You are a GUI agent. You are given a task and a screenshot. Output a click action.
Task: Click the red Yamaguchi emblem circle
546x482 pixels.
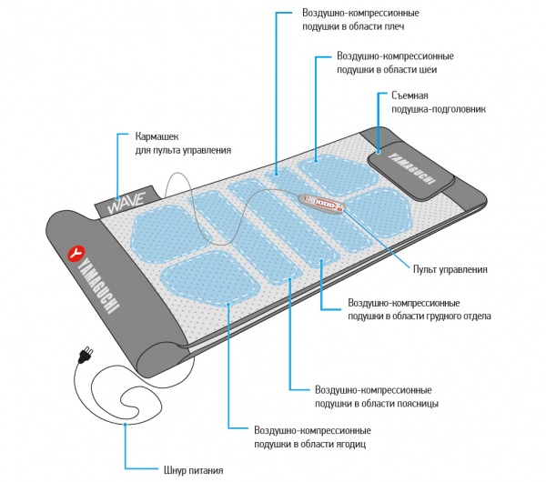(x=79, y=250)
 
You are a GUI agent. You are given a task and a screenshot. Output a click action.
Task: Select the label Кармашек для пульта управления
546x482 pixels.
(x=182, y=143)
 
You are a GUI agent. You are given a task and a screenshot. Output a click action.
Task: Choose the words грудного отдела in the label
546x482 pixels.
(x=452, y=316)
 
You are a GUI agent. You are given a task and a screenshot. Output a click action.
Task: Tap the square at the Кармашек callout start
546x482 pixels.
(x=118, y=136)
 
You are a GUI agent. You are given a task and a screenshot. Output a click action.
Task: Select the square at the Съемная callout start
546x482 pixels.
(x=377, y=95)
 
